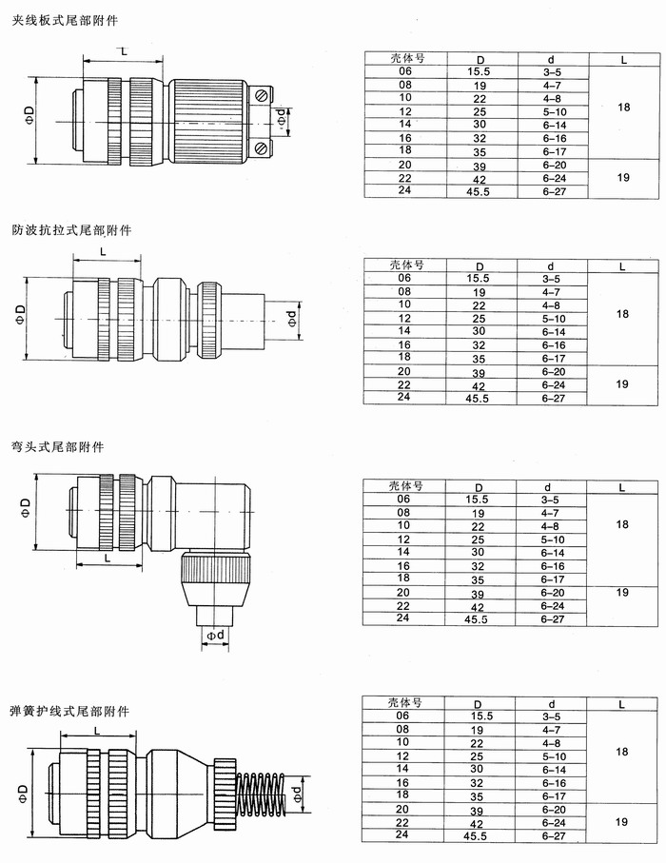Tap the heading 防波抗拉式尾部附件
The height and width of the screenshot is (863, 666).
point(72,230)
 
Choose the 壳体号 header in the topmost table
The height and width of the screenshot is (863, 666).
point(406,58)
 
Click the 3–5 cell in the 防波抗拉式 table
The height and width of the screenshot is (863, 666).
point(550,279)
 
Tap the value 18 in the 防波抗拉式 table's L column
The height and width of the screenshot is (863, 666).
point(623,314)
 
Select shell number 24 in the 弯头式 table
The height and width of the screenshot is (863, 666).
point(404,618)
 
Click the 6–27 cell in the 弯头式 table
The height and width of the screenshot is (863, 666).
point(553,618)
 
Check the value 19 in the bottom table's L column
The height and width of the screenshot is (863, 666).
point(623,820)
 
